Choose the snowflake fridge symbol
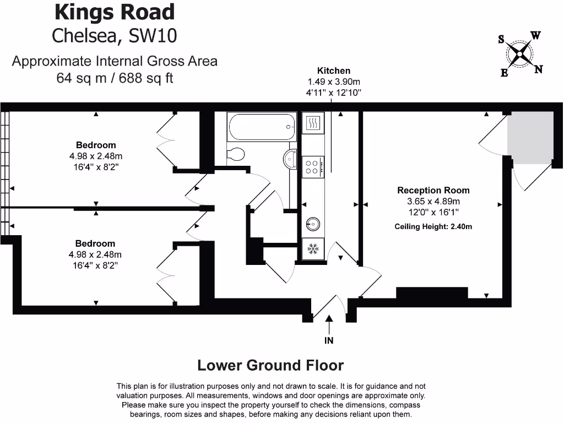(x=313, y=249)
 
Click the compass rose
(x=520, y=53)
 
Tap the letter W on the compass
(x=535, y=36)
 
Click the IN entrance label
(x=329, y=340)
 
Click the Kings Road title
(x=115, y=12)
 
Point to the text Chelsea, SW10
(x=115, y=35)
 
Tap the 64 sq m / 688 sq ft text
(x=115, y=78)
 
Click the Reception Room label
(x=433, y=191)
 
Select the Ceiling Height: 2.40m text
(x=433, y=226)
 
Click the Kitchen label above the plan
(x=333, y=70)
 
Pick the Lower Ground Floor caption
(x=270, y=365)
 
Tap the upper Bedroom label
(x=96, y=145)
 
